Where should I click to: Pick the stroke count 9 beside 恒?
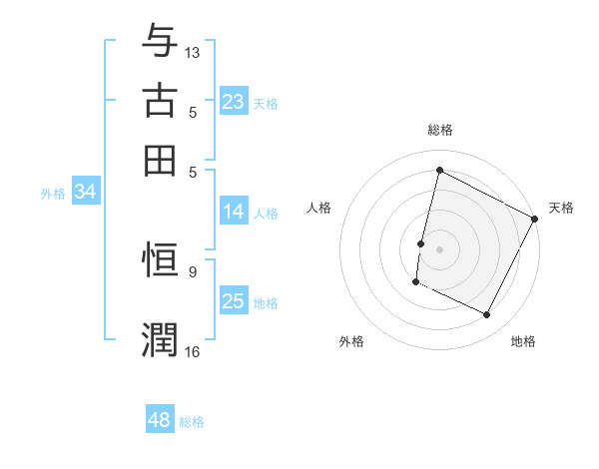193,270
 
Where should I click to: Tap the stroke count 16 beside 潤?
193,350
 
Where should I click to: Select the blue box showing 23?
234,102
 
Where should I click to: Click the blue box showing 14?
234,212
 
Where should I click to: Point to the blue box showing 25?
234,301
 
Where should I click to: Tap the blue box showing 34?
85,193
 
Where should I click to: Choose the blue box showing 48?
160,420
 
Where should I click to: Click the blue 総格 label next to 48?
192,422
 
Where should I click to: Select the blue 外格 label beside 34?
52,194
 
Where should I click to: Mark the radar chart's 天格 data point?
535,220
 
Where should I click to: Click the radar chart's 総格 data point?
439,171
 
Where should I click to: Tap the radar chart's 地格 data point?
487,315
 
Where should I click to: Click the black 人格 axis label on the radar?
319,208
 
